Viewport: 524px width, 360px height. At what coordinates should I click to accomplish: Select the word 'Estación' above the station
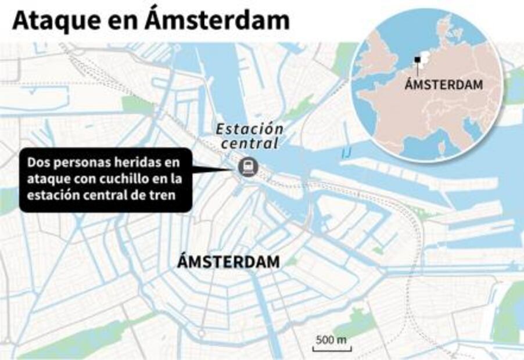[x=250, y=129]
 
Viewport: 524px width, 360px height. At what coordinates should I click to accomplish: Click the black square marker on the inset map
[x=417, y=59]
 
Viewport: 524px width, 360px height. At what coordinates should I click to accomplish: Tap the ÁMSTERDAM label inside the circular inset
[x=444, y=85]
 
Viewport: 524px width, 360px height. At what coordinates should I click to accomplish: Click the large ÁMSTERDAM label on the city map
[x=228, y=262]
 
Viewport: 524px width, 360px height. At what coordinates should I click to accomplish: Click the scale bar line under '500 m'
[x=331, y=348]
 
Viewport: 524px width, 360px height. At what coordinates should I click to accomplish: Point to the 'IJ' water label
[x=347, y=153]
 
